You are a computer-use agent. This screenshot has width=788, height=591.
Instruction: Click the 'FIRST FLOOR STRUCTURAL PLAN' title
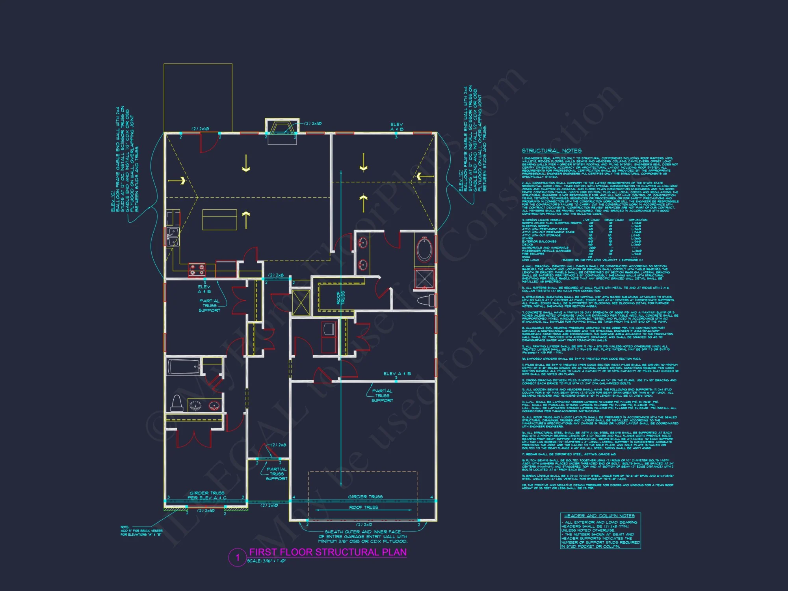[x=328, y=552]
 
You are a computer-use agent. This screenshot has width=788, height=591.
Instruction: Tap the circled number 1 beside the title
[x=237, y=558]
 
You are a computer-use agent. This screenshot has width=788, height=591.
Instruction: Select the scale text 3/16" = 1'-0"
[x=267, y=561]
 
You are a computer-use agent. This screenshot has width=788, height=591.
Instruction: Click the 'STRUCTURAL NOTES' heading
[x=552, y=151]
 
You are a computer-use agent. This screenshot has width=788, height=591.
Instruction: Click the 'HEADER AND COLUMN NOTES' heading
[x=599, y=516]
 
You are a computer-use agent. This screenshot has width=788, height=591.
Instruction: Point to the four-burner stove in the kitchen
[x=197, y=269]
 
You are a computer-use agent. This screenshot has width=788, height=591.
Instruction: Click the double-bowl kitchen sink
[x=173, y=237]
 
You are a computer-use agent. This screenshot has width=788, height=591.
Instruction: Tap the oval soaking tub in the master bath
[x=424, y=249]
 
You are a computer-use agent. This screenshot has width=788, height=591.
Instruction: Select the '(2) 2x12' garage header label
[x=364, y=525]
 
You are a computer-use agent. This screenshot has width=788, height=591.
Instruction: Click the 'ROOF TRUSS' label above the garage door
[x=363, y=507]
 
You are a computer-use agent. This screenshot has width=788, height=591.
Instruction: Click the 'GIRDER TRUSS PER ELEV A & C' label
[x=207, y=496]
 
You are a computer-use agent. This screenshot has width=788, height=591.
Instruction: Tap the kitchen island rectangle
[x=219, y=219]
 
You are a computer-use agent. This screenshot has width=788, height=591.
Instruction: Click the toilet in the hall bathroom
[x=177, y=403]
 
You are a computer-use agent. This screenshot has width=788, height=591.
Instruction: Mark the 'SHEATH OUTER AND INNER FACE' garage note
[x=363, y=537]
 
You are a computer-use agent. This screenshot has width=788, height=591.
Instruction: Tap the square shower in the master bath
[x=425, y=279]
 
